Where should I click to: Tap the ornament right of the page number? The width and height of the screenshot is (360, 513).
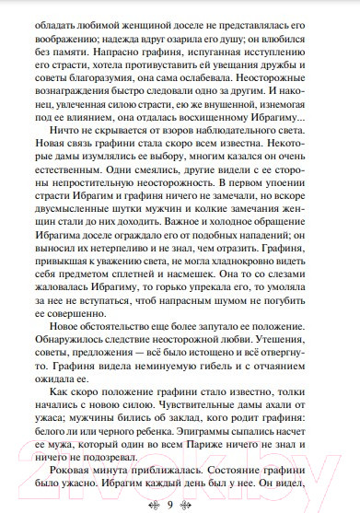[x=198, y=503]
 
